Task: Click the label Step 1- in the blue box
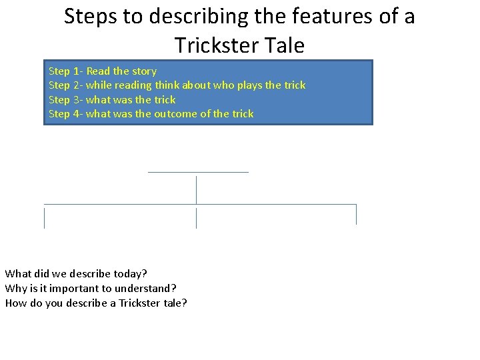click(65, 71)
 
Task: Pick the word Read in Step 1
click(99, 71)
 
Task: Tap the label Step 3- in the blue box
click(65, 100)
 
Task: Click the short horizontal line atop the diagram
click(198, 172)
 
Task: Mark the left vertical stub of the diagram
click(44, 218)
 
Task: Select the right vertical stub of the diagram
click(356, 214)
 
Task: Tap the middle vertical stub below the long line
click(196, 218)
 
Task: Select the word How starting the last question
click(15, 303)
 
